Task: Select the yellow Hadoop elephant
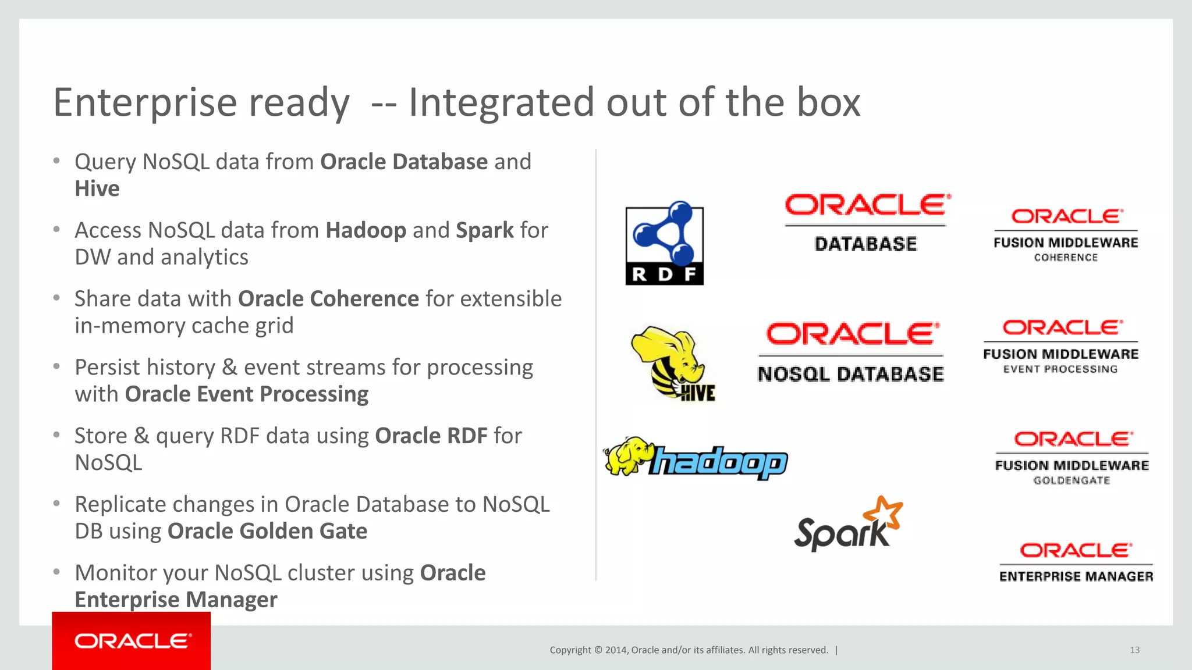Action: (x=625, y=456)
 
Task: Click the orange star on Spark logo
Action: (x=883, y=512)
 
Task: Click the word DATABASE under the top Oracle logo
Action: (x=865, y=244)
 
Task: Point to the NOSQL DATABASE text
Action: (x=850, y=374)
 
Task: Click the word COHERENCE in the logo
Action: (x=1066, y=258)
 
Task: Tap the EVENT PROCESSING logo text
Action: (x=1060, y=369)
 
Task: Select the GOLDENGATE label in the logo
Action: (x=1072, y=480)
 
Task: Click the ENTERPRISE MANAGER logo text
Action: (x=1076, y=576)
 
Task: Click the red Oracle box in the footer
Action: (x=131, y=641)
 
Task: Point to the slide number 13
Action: (x=1134, y=650)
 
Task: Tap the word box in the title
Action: (x=828, y=103)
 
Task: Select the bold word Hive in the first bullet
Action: (x=97, y=189)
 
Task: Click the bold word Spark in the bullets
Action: (x=484, y=231)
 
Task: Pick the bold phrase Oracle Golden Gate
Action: (x=267, y=532)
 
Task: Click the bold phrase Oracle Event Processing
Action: (x=246, y=394)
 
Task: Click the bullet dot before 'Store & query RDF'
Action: (x=56, y=435)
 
